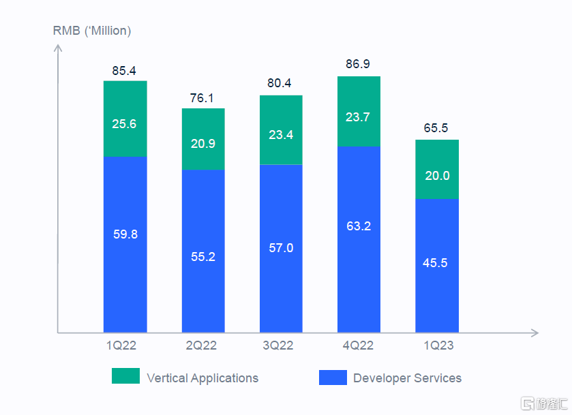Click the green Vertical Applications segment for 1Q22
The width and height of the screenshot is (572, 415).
(125, 119)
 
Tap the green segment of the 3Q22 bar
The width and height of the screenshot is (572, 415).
(281, 129)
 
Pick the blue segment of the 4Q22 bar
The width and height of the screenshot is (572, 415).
(359, 239)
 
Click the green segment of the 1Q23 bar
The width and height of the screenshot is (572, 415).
(437, 169)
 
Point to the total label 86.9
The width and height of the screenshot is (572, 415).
(359, 65)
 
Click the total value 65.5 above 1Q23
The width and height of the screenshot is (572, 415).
(437, 128)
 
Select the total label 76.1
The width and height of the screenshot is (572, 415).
(203, 97)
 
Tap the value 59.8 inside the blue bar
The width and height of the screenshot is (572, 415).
(125, 234)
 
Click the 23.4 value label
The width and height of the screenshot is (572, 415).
(281, 135)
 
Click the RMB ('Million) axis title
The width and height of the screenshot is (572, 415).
(92, 31)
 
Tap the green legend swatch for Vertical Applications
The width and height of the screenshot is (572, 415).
(125, 376)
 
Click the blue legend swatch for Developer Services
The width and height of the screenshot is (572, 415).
(332, 377)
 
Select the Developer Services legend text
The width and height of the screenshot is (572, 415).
(407, 378)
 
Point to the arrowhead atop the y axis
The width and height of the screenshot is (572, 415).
(59, 48)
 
